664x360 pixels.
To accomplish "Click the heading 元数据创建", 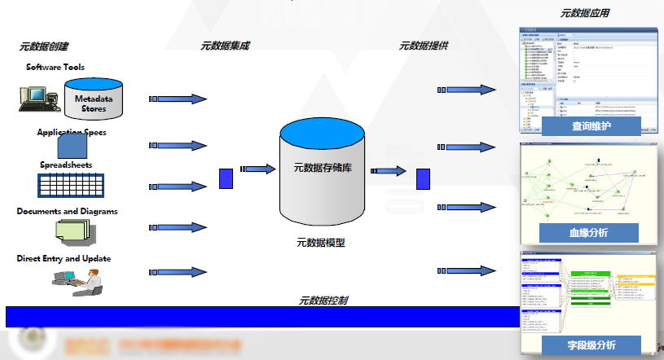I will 45,46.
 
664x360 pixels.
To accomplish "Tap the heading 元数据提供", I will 423,46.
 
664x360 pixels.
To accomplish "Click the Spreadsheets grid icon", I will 72,185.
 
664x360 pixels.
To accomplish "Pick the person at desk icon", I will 78,280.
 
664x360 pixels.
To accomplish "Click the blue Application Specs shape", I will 73,146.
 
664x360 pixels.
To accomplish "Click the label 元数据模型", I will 320,242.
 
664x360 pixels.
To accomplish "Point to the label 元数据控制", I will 323,301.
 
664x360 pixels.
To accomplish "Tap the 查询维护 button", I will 591,126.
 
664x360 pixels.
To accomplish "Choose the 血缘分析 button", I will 588,233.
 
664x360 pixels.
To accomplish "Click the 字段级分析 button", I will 591,345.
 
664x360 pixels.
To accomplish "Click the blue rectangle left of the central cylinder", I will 226,178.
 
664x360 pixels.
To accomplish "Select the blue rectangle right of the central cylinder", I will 423,178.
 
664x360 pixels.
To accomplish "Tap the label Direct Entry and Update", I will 64,259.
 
